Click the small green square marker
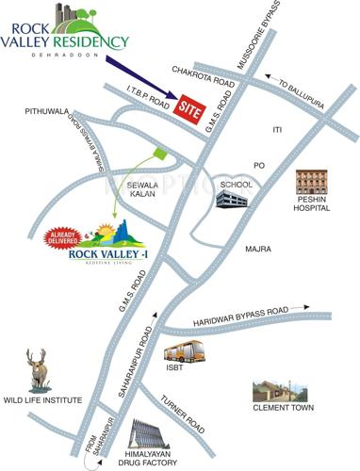[x=159, y=152]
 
